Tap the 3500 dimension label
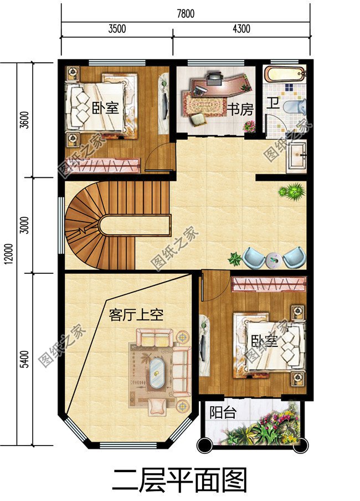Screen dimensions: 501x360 [117, 29]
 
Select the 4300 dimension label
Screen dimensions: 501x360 [241, 29]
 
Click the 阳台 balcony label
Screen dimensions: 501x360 [223, 413]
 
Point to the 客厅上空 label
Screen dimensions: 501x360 [136, 315]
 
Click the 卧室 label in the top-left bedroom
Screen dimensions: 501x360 [105, 108]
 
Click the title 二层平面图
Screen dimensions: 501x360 [179, 480]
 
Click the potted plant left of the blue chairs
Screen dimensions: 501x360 [235, 258]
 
